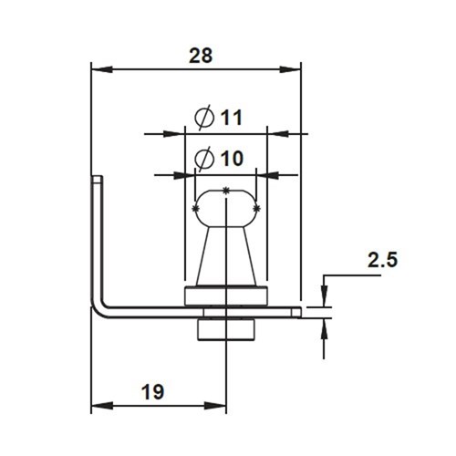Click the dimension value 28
point(200,56)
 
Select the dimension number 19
point(153,392)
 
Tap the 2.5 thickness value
point(381,259)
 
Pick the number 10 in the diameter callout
point(231,158)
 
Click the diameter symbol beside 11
point(204,118)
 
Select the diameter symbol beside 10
point(204,159)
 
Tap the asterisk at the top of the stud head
point(225,190)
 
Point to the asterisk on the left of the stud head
point(197,210)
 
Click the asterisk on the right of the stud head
point(256,210)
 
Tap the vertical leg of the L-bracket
point(97,237)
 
